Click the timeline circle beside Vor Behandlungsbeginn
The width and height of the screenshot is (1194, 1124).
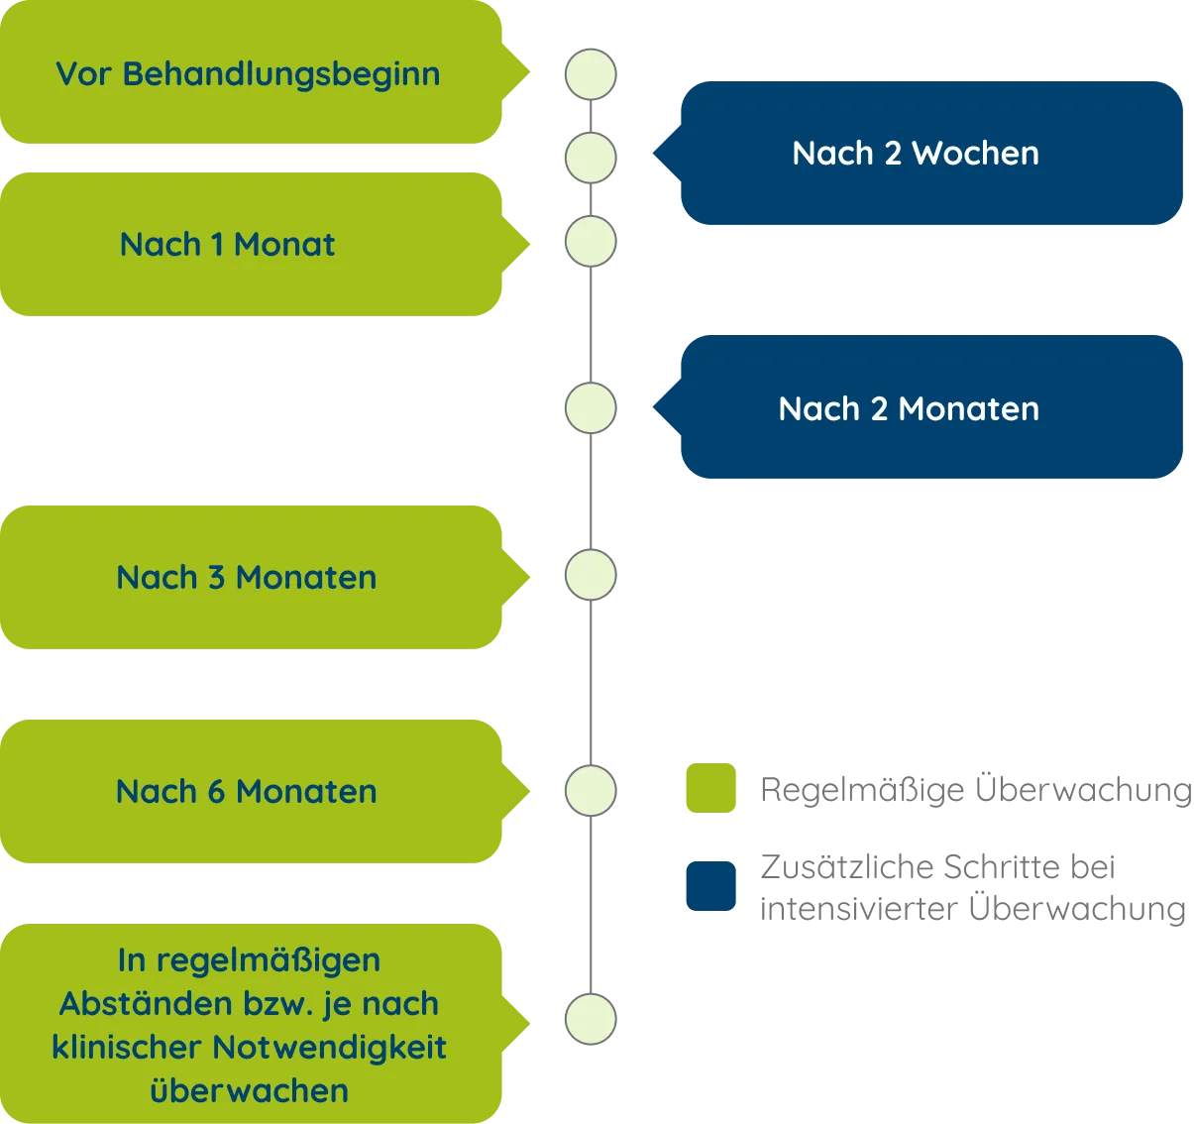coord(590,74)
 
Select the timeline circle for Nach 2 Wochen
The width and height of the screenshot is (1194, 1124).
coord(590,157)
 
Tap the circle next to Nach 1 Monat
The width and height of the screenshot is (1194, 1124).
coord(590,242)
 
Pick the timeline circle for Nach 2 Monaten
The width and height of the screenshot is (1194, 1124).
coord(590,408)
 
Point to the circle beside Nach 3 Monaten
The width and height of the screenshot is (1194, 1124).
coord(590,575)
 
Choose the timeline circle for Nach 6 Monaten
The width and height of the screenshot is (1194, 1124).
coord(590,790)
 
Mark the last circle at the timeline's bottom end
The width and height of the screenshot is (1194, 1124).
coord(590,1019)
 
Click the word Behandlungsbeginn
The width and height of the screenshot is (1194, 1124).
coord(281,74)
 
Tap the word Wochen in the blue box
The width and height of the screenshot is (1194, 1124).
coord(975,154)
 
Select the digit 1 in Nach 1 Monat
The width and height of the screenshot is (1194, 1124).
coord(216,245)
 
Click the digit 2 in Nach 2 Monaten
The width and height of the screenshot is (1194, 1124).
coord(878,409)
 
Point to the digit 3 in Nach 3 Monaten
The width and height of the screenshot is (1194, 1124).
coord(216,578)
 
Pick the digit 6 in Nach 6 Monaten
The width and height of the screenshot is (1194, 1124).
coord(216,792)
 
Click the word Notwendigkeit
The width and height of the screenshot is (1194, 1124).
coord(330,1048)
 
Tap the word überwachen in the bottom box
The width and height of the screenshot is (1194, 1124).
coord(250,1091)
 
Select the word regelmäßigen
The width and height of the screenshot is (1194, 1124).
coord(269,960)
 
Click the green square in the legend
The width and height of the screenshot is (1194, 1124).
coord(709,789)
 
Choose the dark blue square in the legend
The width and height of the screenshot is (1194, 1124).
coord(709,884)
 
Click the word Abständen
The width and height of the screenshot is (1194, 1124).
coord(122,1004)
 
